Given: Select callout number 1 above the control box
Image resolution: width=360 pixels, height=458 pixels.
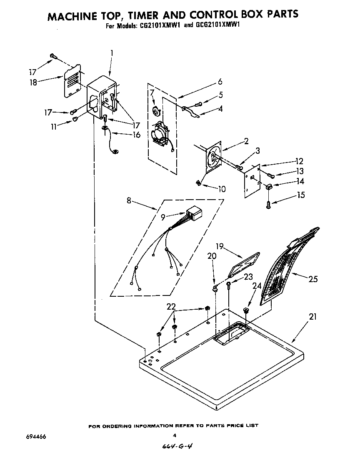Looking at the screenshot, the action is pyautogui.click(x=112, y=53).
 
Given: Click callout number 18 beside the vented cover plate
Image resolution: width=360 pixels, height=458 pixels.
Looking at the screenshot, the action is pyautogui.click(x=33, y=83).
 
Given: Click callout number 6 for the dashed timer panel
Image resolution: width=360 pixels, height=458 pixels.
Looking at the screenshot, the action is pyautogui.click(x=220, y=82).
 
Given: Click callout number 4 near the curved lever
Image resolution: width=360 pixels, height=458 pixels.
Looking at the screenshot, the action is pyautogui.click(x=220, y=109).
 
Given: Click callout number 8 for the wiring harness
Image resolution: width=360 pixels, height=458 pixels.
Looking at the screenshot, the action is pyautogui.click(x=129, y=201).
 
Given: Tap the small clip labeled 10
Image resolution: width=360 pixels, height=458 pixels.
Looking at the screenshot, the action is pyautogui.click(x=199, y=183).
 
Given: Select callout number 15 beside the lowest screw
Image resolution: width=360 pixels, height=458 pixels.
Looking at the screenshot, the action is pyautogui.click(x=301, y=195).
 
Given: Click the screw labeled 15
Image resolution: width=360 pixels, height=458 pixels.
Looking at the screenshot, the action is pyautogui.click(x=268, y=205).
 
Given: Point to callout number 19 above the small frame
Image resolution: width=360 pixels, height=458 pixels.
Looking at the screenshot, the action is pyautogui.click(x=220, y=247).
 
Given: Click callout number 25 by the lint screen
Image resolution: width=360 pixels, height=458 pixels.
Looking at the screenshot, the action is pyautogui.click(x=313, y=279).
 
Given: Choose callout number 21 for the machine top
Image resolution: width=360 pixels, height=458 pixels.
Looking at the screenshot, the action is pyautogui.click(x=312, y=317).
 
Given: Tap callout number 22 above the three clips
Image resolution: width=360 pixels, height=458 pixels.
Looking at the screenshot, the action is pyautogui.click(x=171, y=306).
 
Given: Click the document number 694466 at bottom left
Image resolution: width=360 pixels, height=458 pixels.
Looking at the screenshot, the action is pyautogui.click(x=36, y=437).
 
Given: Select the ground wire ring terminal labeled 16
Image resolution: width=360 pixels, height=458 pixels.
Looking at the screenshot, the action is pyautogui.click(x=115, y=152).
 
